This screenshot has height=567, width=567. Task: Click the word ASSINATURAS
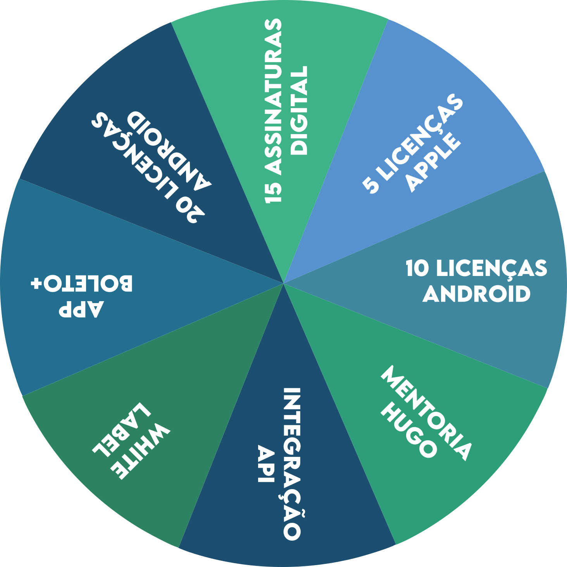pos(273,97)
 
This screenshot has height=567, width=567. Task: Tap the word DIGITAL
pos(299,110)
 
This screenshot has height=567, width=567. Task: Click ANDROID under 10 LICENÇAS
pos(476,294)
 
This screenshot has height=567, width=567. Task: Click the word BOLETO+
pos(81,284)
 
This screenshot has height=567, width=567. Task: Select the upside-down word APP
pos(81,309)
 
